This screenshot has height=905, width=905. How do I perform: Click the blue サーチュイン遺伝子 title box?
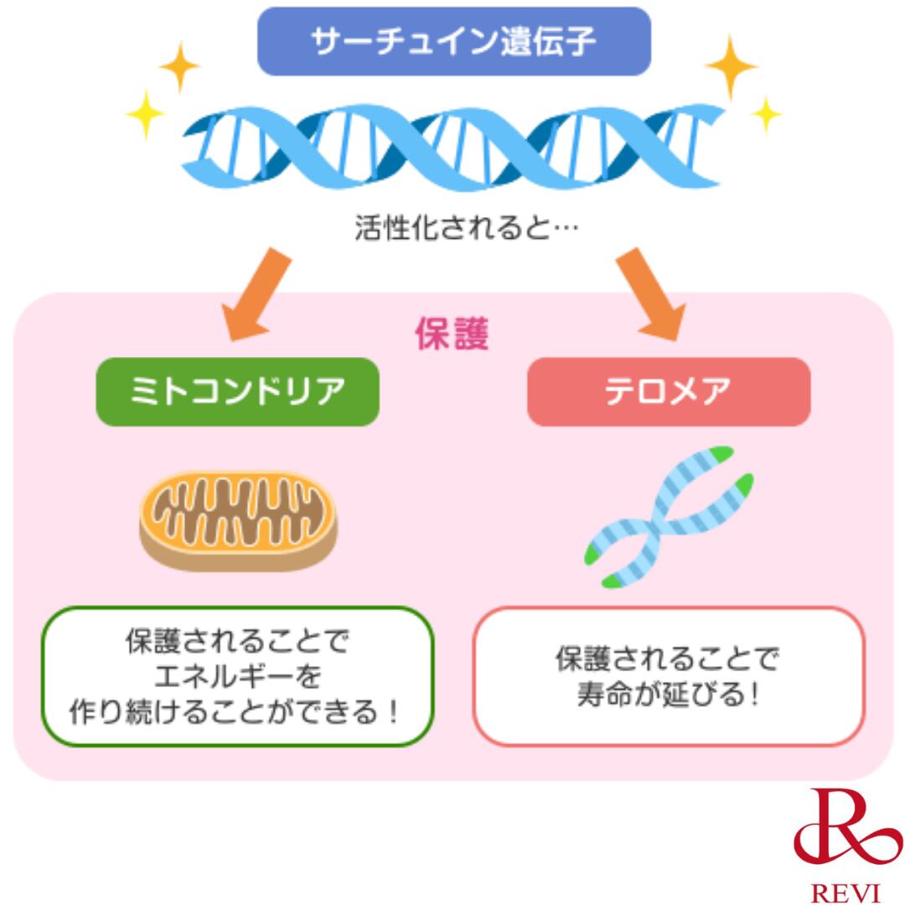(x=453, y=41)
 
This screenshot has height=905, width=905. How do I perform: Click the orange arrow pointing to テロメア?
(x=650, y=294)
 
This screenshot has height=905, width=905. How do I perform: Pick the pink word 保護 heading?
(x=452, y=334)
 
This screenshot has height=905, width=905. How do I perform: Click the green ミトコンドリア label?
(x=237, y=391)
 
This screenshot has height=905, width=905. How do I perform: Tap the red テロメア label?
(x=668, y=391)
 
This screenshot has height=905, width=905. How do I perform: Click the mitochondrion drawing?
(x=238, y=519)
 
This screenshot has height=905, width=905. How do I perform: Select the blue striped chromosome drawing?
(x=668, y=515)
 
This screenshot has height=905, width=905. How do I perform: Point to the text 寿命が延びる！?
(x=668, y=696)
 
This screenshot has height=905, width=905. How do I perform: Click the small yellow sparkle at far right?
(x=765, y=114)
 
